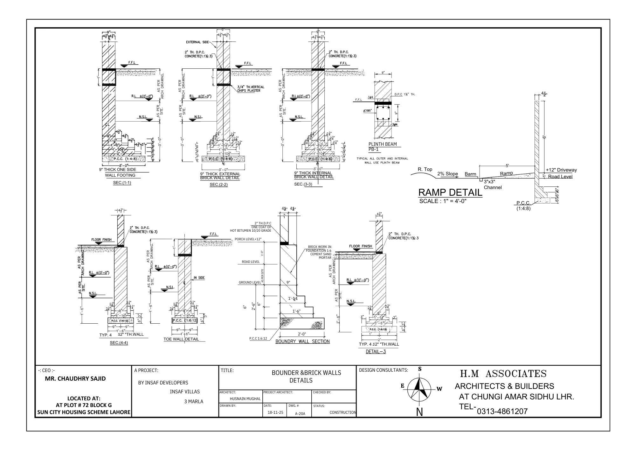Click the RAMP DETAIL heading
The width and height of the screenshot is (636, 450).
tap(450, 193)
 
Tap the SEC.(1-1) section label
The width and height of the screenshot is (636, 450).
tap(122, 183)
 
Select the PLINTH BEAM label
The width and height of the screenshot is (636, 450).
tap(383, 144)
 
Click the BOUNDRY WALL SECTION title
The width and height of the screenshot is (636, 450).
tap(302, 341)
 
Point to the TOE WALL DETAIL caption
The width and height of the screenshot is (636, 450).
tap(181, 339)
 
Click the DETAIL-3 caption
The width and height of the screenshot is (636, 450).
tap(376, 352)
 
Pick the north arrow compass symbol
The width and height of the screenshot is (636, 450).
tap(420, 390)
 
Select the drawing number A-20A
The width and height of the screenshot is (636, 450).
tap(300, 414)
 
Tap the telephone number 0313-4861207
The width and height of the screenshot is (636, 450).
tap(502, 411)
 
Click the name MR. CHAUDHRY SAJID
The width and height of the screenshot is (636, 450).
tap(75, 379)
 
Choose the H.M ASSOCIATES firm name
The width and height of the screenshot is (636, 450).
tap(503, 374)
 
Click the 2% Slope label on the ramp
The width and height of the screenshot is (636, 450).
tap(447, 174)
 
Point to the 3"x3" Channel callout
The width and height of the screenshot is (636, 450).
tap(493, 185)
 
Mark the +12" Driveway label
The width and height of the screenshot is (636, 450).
tap(561, 170)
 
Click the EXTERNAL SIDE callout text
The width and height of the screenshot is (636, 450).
tap(197, 42)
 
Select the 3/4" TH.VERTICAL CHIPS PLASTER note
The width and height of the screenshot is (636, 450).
tap(251, 89)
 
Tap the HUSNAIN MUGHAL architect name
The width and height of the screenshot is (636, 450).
tap(245, 399)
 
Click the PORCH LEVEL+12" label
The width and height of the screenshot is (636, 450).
tap(248, 239)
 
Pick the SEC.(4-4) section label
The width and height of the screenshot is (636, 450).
tap(119, 343)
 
